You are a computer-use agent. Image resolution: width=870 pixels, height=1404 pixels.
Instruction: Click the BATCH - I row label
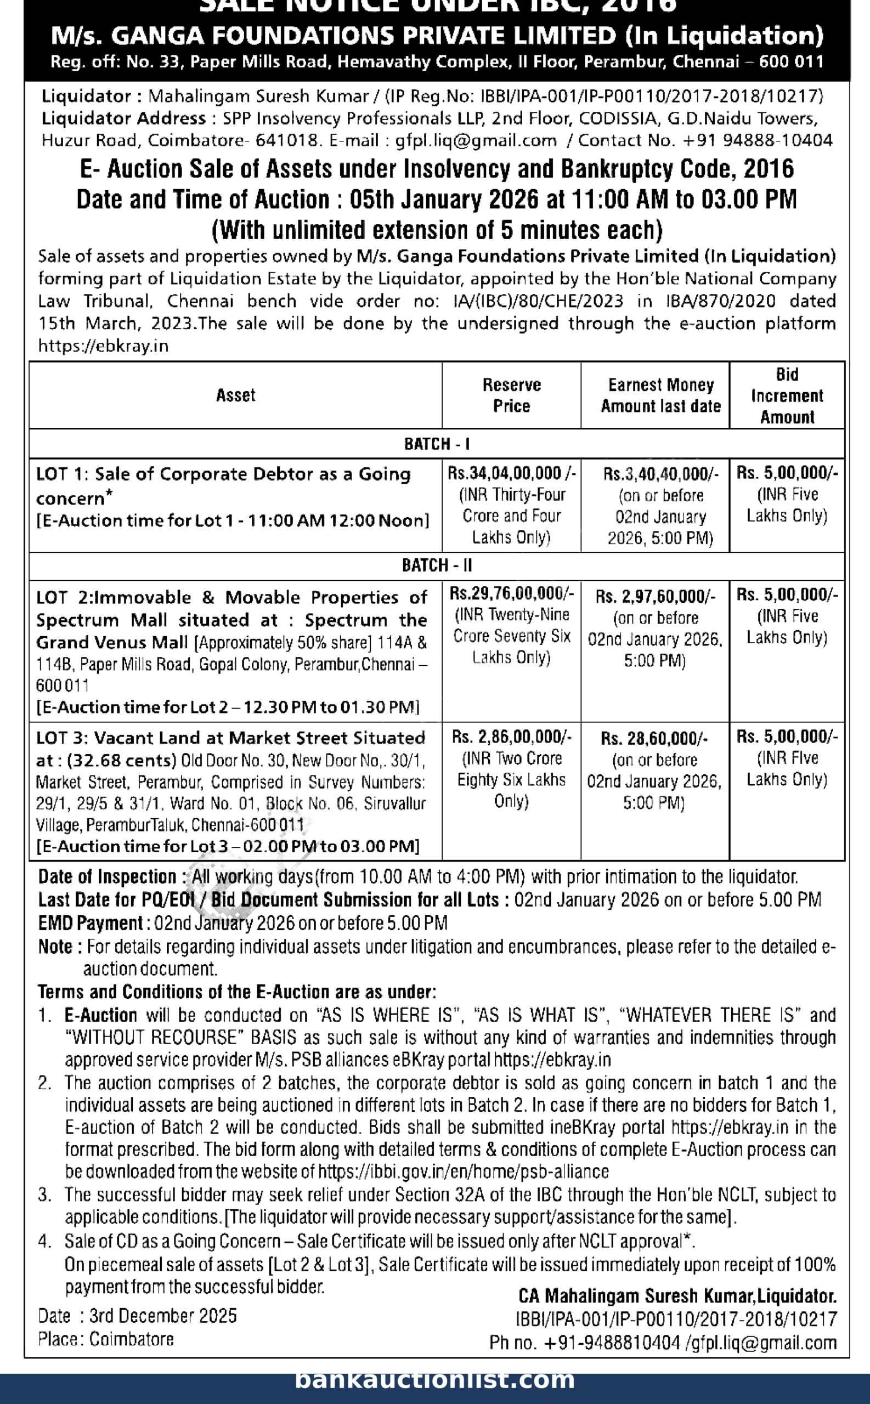[x=437, y=444]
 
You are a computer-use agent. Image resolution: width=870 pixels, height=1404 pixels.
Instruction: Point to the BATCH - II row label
[x=437, y=565]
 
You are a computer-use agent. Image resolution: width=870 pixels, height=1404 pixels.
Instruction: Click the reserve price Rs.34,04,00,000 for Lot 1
[x=512, y=473]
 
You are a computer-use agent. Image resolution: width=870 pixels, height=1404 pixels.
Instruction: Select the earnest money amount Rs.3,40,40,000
[x=660, y=474]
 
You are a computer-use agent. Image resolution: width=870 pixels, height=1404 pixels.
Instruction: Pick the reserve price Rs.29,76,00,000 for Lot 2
[x=512, y=593]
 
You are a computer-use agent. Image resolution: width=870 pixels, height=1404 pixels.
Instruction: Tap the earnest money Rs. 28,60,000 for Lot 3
[x=654, y=739]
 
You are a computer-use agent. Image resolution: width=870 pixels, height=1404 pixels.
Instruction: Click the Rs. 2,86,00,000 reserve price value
[x=512, y=737]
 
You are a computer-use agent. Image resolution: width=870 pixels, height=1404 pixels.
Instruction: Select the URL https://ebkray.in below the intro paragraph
[x=103, y=346]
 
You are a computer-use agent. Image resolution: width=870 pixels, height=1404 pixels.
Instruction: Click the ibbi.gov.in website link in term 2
[x=463, y=1171]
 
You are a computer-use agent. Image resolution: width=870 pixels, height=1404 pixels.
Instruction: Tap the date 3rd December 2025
[x=163, y=1315]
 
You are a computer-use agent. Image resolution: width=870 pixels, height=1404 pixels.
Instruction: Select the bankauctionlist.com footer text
[x=435, y=1379]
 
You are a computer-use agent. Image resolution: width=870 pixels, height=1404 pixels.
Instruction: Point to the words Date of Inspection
[x=107, y=876]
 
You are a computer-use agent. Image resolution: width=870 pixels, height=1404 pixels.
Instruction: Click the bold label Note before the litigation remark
[x=55, y=946]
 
